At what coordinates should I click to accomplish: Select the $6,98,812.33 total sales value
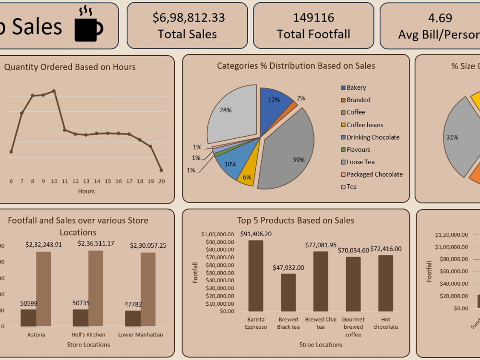188,18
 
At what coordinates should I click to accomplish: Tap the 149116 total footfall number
313,18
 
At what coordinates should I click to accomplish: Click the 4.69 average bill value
440,18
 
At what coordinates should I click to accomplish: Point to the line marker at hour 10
54,91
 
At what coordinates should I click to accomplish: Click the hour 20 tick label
161,181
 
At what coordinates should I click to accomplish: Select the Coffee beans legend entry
365,125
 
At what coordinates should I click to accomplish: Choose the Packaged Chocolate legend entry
374,175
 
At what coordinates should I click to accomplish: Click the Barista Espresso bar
255,276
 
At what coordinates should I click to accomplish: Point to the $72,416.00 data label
386,249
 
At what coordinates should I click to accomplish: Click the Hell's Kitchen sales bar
96,288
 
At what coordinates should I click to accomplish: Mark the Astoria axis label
36,335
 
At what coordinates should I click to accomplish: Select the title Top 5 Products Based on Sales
296,221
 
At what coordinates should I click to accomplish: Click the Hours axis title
86,191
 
